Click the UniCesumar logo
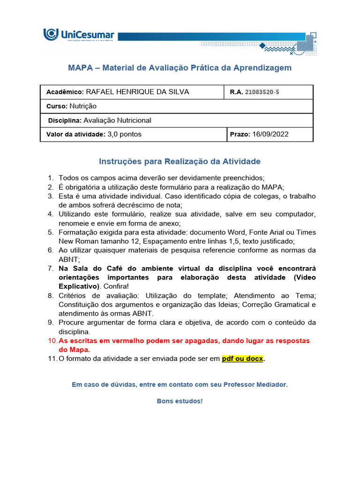[x=79, y=35]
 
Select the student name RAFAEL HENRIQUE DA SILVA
[x=137, y=92]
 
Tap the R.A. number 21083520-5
[x=262, y=92]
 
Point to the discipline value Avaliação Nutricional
[x=117, y=120]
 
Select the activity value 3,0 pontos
[x=124, y=135]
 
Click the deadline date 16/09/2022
[x=270, y=135]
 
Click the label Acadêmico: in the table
[x=65, y=92]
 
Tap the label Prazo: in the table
[x=240, y=135]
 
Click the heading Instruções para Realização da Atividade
[x=180, y=162]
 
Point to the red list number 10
[x=52, y=341]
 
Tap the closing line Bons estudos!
[x=180, y=402]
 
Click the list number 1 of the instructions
[x=51, y=178]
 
